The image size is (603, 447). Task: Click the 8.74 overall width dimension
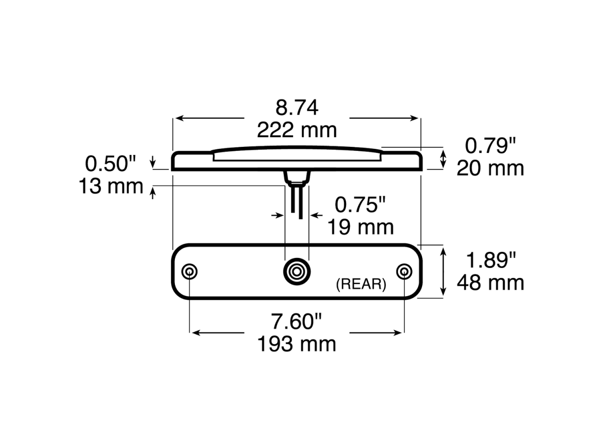pyautogui.click(x=296, y=107)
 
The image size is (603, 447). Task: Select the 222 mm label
pyautogui.click(x=296, y=130)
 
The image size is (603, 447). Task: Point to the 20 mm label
pyautogui.click(x=490, y=168)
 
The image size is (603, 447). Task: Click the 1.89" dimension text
pyautogui.click(x=491, y=260)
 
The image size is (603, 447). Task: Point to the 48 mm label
pyautogui.click(x=490, y=283)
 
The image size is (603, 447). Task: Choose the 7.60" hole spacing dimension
pyautogui.click(x=297, y=321)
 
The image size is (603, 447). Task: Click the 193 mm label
pyautogui.click(x=297, y=344)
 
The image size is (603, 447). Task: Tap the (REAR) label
pyautogui.click(x=361, y=285)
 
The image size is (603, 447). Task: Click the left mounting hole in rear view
pyautogui.click(x=189, y=272)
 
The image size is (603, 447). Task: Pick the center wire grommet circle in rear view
pyautogui.click(x=296, y=272)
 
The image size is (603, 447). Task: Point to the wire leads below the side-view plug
pyautogui.click(x=296, y=201)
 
